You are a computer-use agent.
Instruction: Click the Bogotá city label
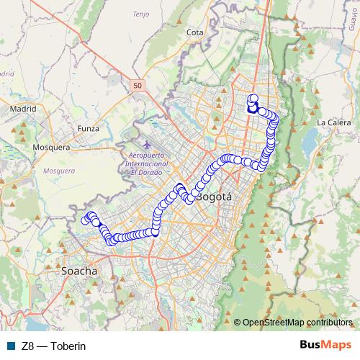pyautogui.click(x=214, y=196)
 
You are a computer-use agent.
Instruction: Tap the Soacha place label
pyautogui.click(x=77, y=274)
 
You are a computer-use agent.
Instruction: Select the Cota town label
pyautogui.click(x=194, y=32)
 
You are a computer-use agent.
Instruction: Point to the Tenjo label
pyautogui.click(x=161, y=13)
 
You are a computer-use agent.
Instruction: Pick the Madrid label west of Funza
pyautogui.click(x=22, y=109)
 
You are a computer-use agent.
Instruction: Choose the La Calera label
pyautogui.click(x=333, y=122)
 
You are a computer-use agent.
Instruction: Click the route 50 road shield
pyautogui.click(x=138, y=86)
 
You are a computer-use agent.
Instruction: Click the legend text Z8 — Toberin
pyautogui.click(x=54, y=346)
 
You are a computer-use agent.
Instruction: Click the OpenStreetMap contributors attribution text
pyautogui.click(x=297, y=322)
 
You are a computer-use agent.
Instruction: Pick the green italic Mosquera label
pyautogui.click(x=59, y=171)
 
